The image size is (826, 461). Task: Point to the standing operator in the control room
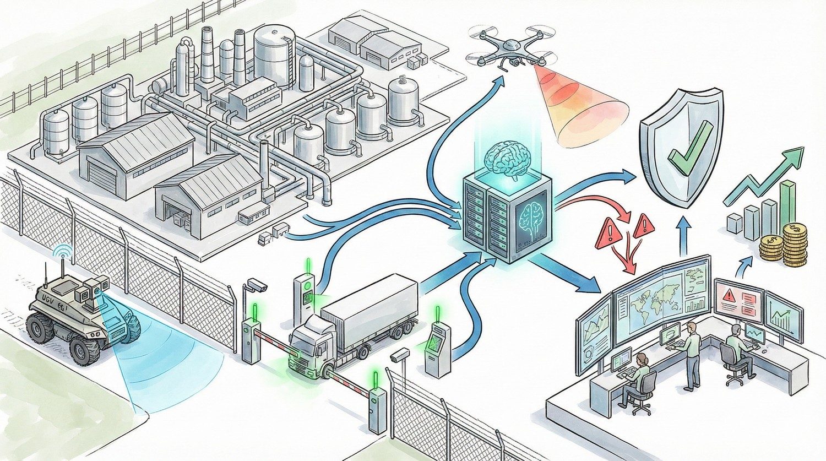point(689,352)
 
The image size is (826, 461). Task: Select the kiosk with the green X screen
point(438,347)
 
